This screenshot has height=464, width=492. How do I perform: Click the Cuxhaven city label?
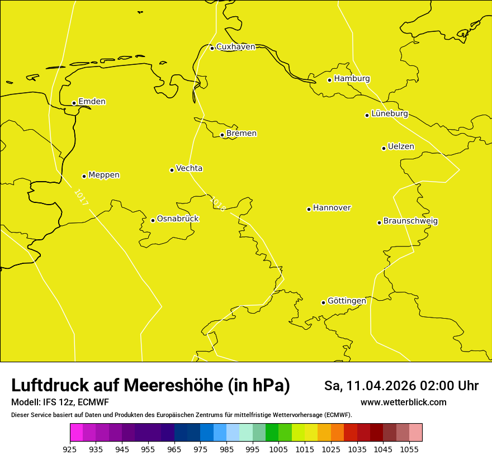coord(235,47)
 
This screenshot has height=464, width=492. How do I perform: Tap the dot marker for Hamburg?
coord(330,80)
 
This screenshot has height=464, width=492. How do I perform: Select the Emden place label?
coord(92,102)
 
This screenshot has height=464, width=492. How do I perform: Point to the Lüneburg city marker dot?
coord(367,115)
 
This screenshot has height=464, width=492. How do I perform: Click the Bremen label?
coord(242,134)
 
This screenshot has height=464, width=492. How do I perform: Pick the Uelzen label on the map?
coord(401,147)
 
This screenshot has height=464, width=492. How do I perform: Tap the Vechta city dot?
coord(172,170)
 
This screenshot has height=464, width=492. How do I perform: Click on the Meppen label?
coord(104,175)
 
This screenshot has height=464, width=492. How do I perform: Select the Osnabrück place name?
coord(178,219)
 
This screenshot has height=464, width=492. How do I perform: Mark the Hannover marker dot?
coord(309,209)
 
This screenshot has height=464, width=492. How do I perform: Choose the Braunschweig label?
coord(410,221)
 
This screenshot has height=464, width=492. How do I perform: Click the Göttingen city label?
coord(347,301)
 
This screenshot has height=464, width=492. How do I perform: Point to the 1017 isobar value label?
coord(81,197)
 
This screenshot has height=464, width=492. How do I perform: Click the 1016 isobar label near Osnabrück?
coord(217,203)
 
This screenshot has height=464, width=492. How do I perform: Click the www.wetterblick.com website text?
coord(403,402)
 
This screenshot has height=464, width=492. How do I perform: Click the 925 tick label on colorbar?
coord(70,449)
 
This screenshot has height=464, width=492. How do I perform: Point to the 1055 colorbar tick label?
coord(409,449)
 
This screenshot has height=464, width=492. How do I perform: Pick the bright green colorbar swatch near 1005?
coord(272,433)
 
